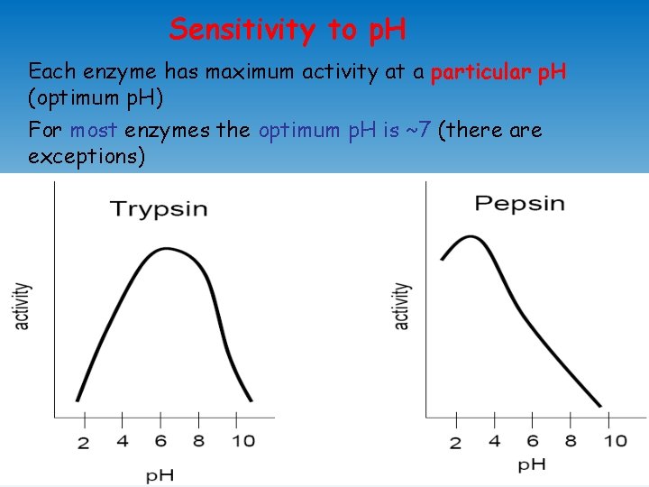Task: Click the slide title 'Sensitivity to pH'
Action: [x=288, y=30]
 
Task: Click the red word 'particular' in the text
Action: [x=477, y=72]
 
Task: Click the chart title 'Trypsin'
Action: [x=159, y=209]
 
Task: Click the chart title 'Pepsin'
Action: [x=520, y=203]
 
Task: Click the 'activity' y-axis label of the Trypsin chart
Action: [x=22, y=307]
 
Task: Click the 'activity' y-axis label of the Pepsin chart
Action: [x=402, y=307]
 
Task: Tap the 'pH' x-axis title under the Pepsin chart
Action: [x=532, y=465]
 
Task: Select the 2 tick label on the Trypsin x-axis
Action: [x=84, y=443]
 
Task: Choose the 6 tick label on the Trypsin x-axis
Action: [x=160, y=441]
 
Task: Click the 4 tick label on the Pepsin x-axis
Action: [x=494, y=441]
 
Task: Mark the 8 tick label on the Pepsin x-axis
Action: [x=571, y=441]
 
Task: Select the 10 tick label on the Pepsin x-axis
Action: [x=615, y=441]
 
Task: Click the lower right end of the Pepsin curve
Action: [x=600, y=406]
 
